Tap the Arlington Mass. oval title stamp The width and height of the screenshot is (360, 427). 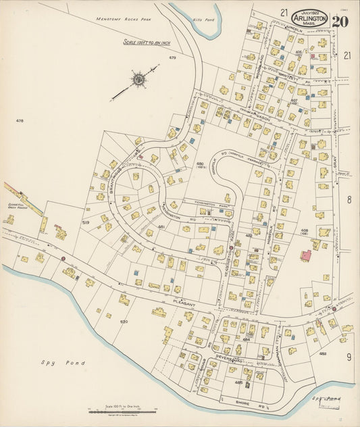[x=310, y=19]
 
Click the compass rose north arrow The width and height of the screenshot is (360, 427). [x=138, y=80]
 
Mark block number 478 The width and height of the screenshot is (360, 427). [x=20, y=121]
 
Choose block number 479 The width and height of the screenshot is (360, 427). [x=172, y=58]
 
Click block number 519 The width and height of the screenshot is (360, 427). [x=86, y=222]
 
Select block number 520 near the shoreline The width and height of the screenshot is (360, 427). [x=124, y=322]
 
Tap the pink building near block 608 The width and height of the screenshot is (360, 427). [x=305, y=256]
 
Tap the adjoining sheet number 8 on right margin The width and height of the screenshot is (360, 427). [x=349, y=199]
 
